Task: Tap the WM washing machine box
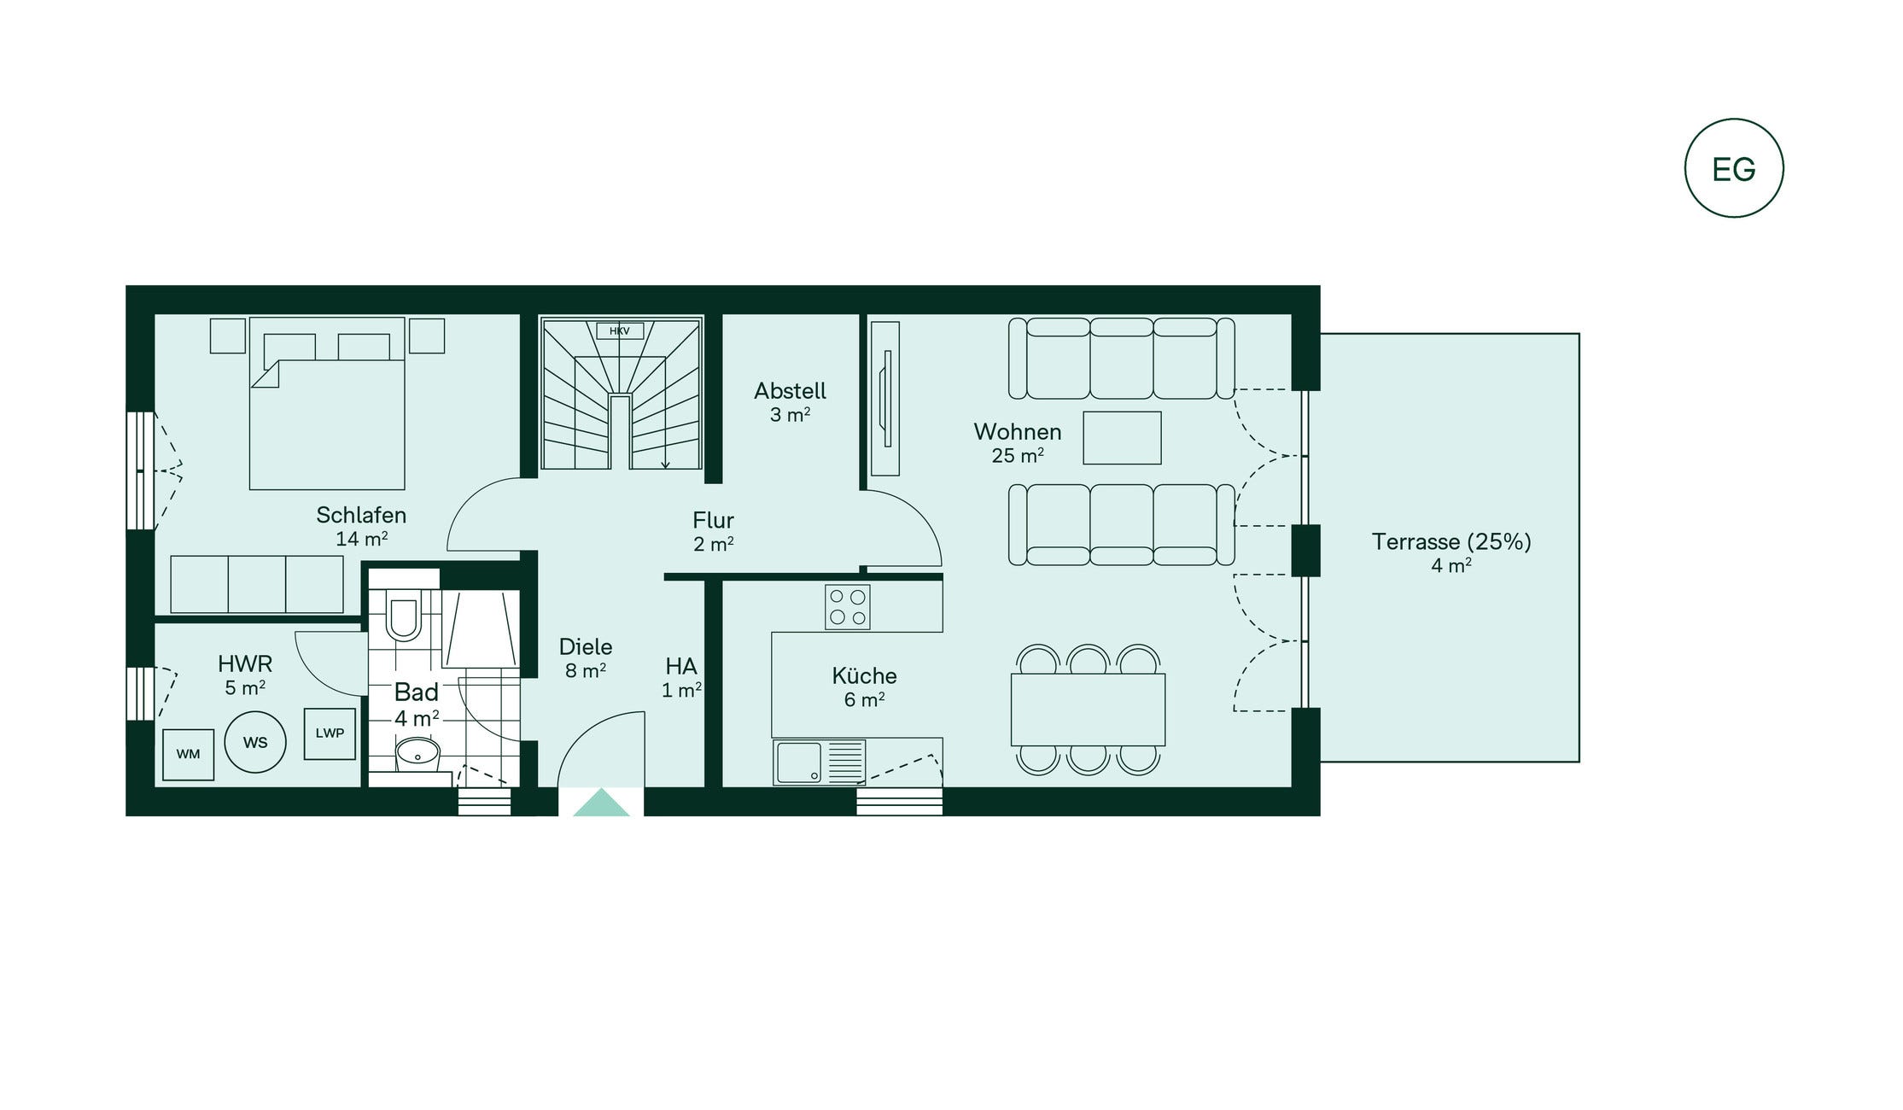tap(189, 754)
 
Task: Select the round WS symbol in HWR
tap(255, 742)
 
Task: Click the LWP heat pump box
tap(330, 733)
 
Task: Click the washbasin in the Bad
tap(417, 754)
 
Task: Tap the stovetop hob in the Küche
tap(848, 607)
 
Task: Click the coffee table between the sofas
tap(1122, 438)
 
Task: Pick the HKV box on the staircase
tap(620, 330)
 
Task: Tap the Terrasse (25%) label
tap(1451, 541)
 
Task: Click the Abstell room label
tap(790, 391)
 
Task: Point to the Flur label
tap(713, 520)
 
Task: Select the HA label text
tap(681, 666)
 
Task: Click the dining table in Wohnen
tap(1088, 710)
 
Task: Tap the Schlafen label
tap(361, 515)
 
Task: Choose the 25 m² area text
tap(1018, 455)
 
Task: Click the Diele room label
tap(586, 646)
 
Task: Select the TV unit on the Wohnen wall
tap(885, 399)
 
